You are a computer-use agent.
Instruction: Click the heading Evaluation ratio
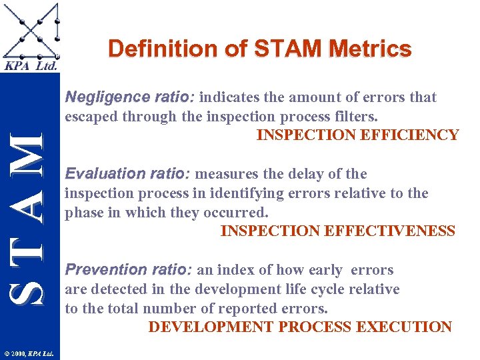[127, 174]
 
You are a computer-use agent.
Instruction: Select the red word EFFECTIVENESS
[391, 231]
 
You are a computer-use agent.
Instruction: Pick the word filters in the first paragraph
[358, 117]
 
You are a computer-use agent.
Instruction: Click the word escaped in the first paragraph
[87, 117]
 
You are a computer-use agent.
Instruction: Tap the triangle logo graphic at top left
[30, 30]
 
